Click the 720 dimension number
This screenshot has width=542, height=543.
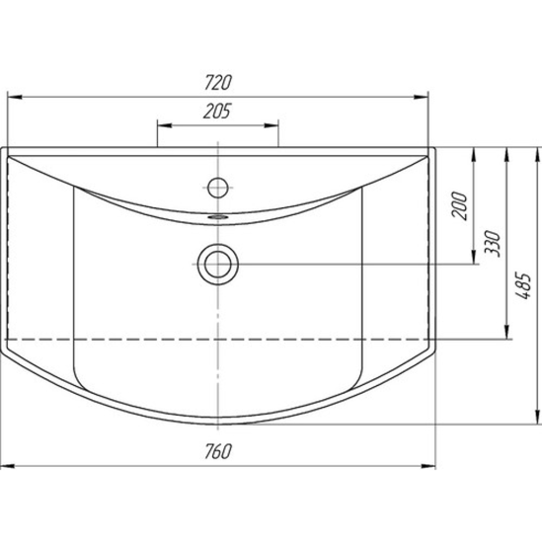pyautogui.click(x=217, y=82)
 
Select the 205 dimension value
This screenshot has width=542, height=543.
pyautogui.click(x=217, y=112)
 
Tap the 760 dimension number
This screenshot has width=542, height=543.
pyautogui.click(x=217, y=451)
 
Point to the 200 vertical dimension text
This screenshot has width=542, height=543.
pyautogui.click(x=459, y=205)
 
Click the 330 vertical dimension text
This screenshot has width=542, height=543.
pyautogui.click(x=493, y=243)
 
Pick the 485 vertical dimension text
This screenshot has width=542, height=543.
pyautogui.click(x=522, y=286)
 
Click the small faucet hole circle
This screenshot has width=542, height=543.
pyautogui.click(x=217, y=188)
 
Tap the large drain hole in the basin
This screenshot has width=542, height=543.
pyautogui.click(x=218, y=265)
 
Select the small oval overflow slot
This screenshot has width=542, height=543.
pyautogui.click(x=218, y=217)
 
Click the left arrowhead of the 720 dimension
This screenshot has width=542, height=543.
pyautogui.click(x=15, y=98)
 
